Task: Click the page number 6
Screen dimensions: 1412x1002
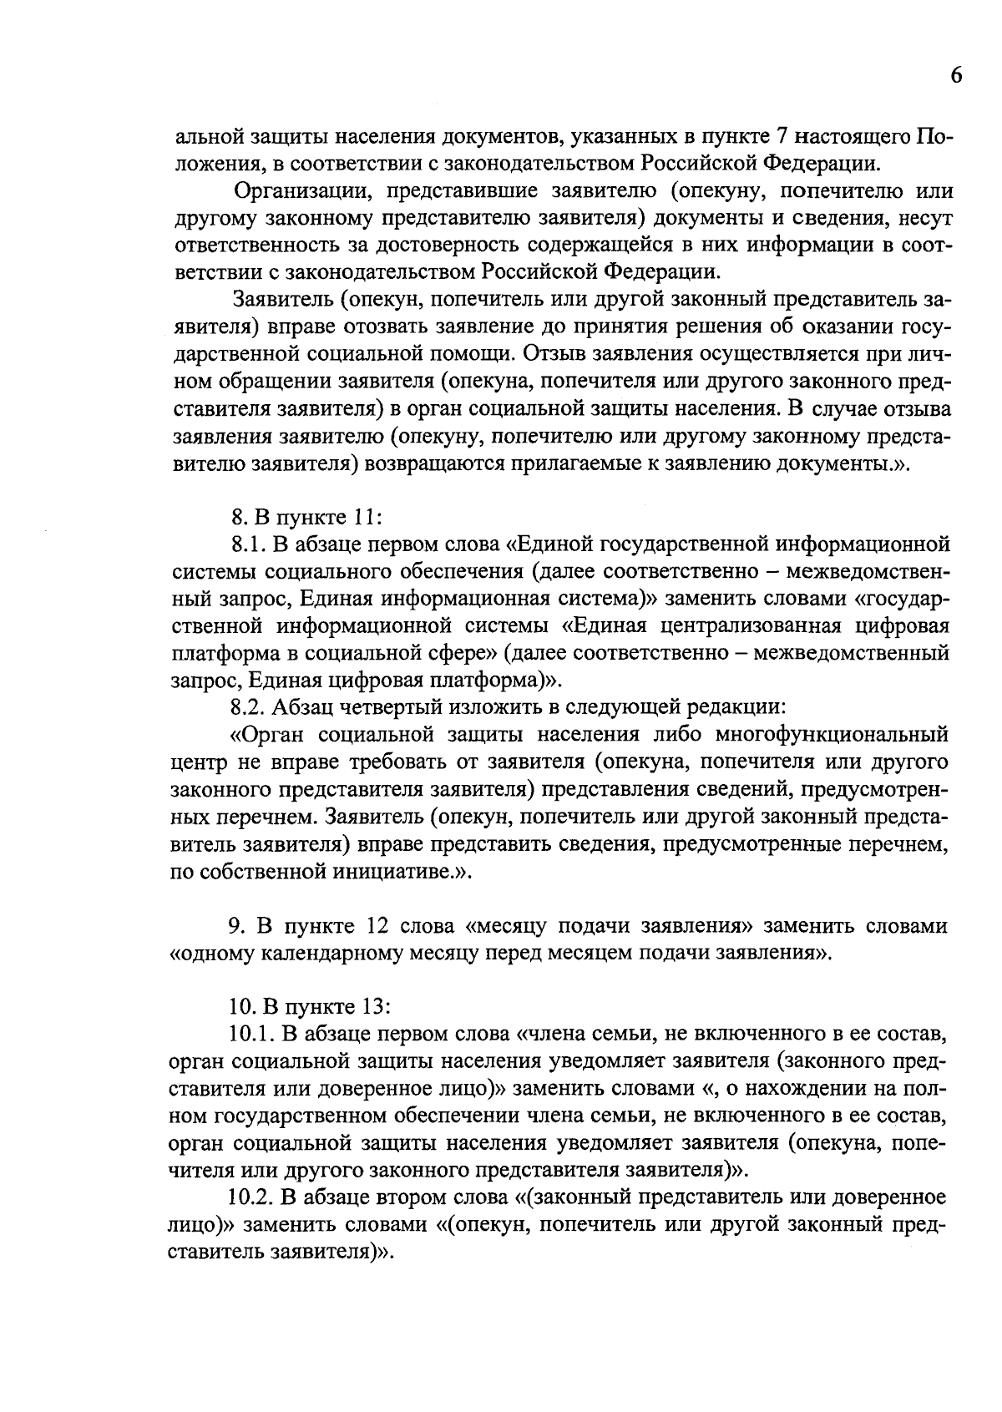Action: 956,76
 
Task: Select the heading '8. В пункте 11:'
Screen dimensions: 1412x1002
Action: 306,518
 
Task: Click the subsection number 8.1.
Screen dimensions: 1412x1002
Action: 247,545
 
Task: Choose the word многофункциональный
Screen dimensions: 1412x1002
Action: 832,735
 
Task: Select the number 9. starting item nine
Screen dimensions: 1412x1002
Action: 235,926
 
